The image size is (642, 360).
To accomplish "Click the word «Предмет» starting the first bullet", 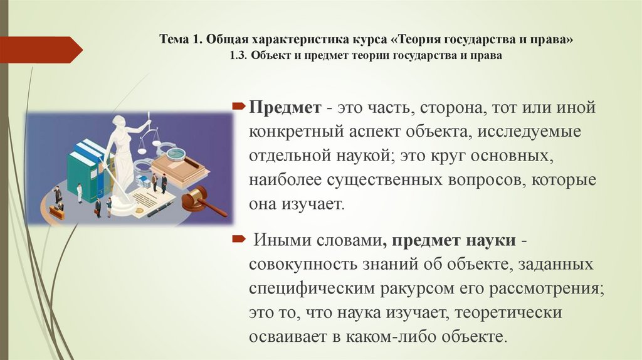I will (285, 107).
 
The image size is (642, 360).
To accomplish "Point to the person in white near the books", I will (80, 192).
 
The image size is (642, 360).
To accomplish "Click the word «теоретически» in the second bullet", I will (508, 312).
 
